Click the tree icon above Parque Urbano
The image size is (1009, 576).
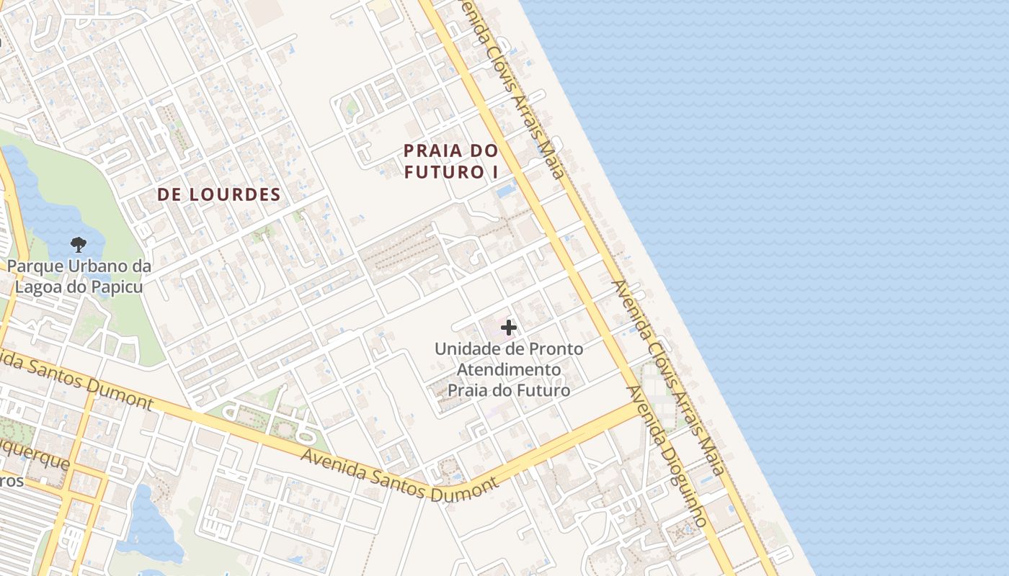(x=78, y=244)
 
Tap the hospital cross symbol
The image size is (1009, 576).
(x=509, y=328)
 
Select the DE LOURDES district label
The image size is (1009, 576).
(x=218, y=194)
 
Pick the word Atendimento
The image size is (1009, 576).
(x=509, y=369)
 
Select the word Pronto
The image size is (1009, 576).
(x=556, y=349)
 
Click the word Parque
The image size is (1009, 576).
(x=35, y=266)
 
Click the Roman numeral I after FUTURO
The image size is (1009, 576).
(x=495, y=172)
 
